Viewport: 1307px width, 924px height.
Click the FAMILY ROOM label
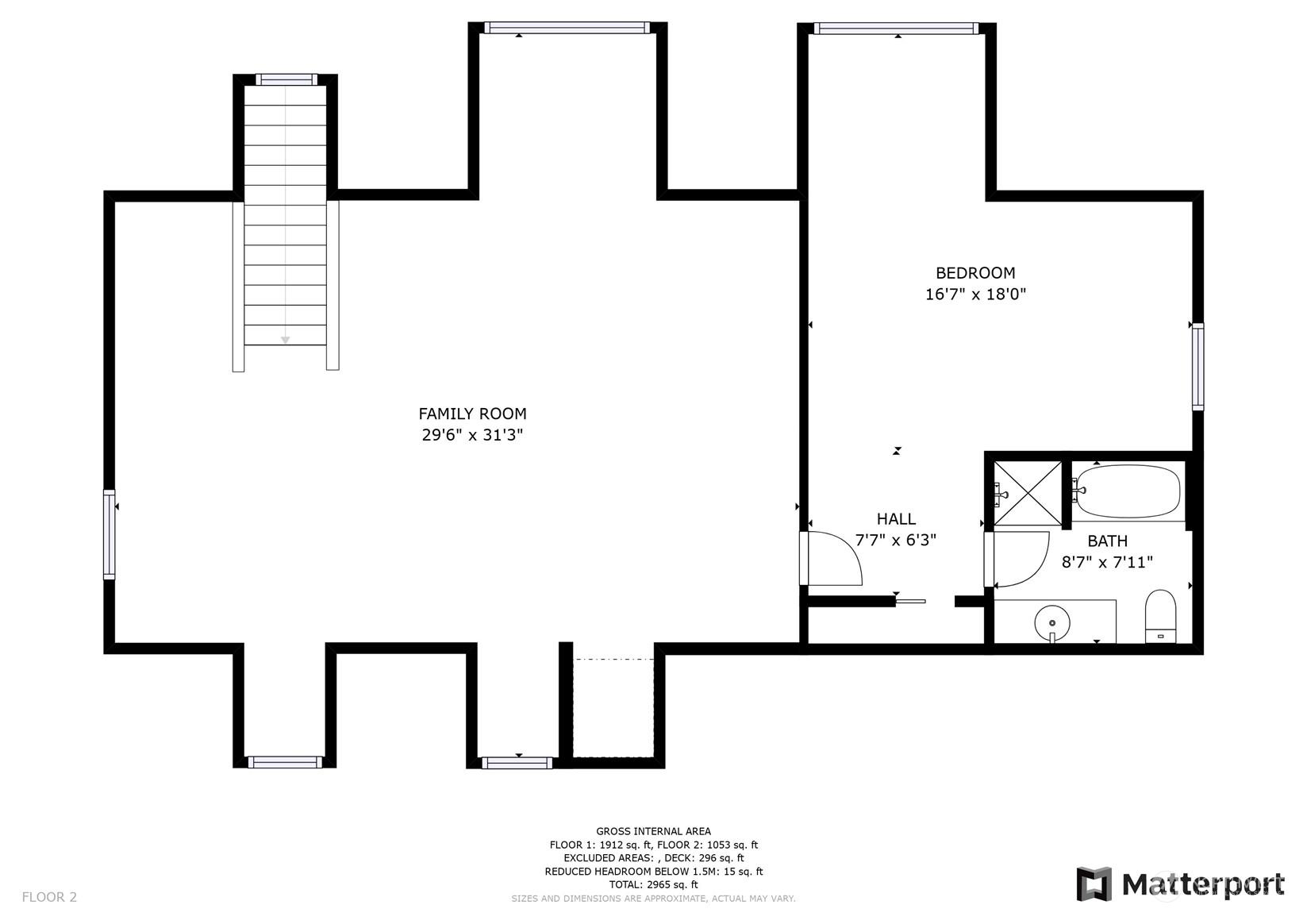tap(472, 414)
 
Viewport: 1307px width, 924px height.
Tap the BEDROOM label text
tap(975, 272)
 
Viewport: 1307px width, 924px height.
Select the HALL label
tap(896, 519)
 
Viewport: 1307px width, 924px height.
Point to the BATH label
tap(1107, 541)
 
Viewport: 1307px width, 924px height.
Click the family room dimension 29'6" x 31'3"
tap(472, 435)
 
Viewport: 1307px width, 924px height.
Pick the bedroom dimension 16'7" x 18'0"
tap(975, 295)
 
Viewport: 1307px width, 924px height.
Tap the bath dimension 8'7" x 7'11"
tap(1107, 562)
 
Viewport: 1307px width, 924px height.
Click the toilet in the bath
tap(1160, 616)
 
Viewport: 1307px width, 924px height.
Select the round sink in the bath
tap(1052, 623)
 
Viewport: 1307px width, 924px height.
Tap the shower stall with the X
tap(1028, 493)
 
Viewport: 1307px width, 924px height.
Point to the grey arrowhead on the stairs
tap(286, 340)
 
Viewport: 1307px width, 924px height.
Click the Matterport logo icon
tap(1094, 884)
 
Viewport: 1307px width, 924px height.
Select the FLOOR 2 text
tap(49, 897)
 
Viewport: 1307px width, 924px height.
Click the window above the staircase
tap(286, 79)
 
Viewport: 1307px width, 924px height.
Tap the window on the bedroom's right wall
tap(1197, 367)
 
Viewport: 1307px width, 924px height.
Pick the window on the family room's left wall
tap(109, 534)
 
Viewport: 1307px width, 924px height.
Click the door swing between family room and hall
tap(832, 559)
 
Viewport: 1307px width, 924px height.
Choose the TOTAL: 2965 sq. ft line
tap(654, 884)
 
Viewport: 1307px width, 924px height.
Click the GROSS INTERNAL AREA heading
tap(654, 831)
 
